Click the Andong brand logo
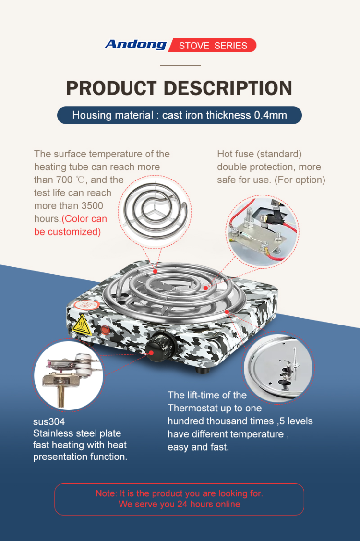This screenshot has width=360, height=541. click(x=136, y=45)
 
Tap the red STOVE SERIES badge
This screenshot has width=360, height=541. click(x=212, y=46)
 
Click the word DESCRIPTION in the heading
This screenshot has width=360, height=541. click(x=228, y=88)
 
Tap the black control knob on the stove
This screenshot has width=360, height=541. click(x=159, y=347)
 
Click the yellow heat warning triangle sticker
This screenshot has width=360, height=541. click(x=82, y=325)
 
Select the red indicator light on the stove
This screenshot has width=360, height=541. click(x=105, y=329)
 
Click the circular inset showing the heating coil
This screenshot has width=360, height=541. click(x=155, y=211)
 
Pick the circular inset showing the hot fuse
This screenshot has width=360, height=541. click(x=263, y=230)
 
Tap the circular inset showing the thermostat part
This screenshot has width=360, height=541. click(x=68, y=375)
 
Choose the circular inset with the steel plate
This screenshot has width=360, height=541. click(x=278, y=367)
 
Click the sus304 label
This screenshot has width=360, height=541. click(x=49, y=421)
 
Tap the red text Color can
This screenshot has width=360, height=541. click(x=85, y=219)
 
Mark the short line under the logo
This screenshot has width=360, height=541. click(x=180, y=65)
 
